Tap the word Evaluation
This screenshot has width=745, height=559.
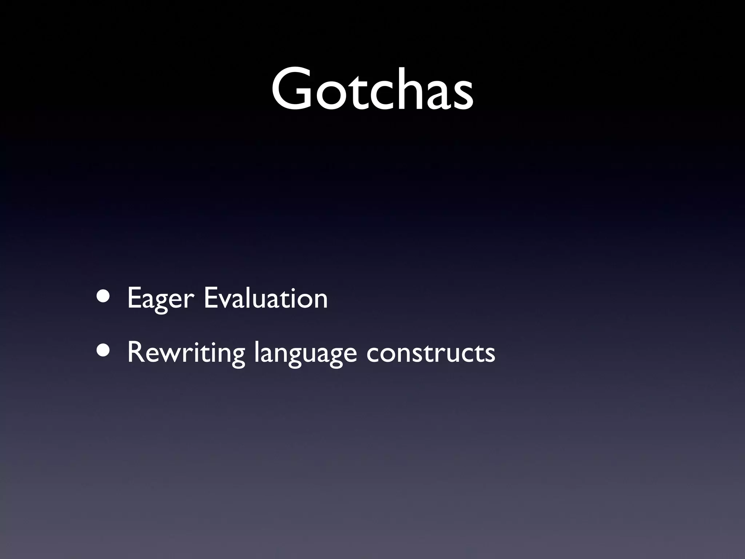pyautogui.click(x=266, y=298)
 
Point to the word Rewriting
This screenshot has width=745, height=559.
pyautogui.click(x=186, y=353)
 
